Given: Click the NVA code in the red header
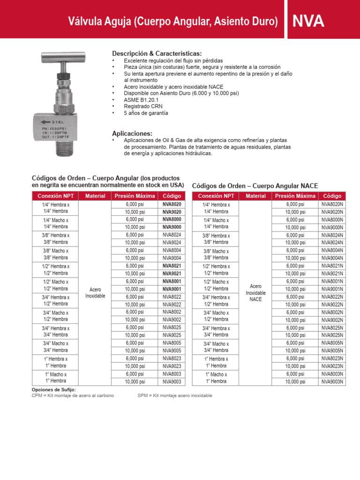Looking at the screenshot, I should [x=308, y=21].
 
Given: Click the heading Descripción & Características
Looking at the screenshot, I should [x=157, y=53].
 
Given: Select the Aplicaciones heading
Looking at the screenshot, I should [x=132, y=134].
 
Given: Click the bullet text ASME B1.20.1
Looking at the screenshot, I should [x=141, y=100].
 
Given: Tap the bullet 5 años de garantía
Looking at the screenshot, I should [x=146, y=113].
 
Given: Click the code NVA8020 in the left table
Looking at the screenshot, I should [x=172, y=204].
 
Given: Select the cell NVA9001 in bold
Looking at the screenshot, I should [x=172, y=289].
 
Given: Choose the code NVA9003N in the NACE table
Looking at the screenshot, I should [x=332, y=382].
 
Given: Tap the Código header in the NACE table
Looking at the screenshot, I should [x=332, y=196].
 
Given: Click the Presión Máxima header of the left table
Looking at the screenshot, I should [x=135, y=196].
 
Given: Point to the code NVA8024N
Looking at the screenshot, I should [x=332, y=235].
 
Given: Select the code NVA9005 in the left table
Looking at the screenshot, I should [x=172, y=351].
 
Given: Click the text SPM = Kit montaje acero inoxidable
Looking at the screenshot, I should [x=174, y=395].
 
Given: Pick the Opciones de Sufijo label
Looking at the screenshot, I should [x=53, y=390].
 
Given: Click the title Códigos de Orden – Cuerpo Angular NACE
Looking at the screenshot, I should [x=255, y=186].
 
